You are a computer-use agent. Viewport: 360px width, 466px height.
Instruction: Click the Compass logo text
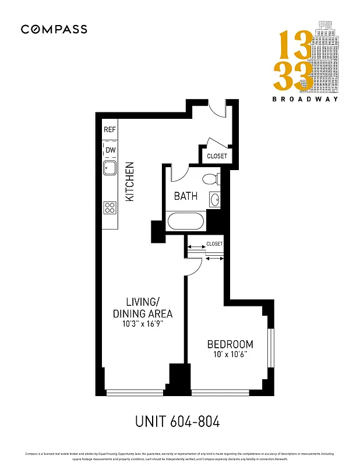point(54,29)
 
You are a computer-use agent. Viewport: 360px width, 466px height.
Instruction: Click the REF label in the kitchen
point(110,129)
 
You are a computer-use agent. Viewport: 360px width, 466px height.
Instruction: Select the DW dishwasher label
point(110,150)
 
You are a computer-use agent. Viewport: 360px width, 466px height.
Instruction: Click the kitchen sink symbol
point(110,169)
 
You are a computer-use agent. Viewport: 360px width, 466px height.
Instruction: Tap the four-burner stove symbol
point(110,207)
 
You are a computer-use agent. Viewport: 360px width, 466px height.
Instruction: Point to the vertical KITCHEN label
point(130,182)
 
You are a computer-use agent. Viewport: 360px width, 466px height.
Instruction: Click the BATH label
point(186,196)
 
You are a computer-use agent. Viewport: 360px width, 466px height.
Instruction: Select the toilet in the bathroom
point(209,179)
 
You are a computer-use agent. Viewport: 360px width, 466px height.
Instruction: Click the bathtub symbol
point(186,222)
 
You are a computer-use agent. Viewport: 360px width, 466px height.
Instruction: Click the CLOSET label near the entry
point(217,157)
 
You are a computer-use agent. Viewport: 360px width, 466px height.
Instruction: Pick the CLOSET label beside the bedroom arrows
point(214,243)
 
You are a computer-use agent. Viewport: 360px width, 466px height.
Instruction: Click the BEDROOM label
point(230,344)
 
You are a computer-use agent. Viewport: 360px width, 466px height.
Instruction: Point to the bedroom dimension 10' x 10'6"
point(230,355)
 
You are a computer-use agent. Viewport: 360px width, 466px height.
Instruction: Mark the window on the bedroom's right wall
point(270,348)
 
